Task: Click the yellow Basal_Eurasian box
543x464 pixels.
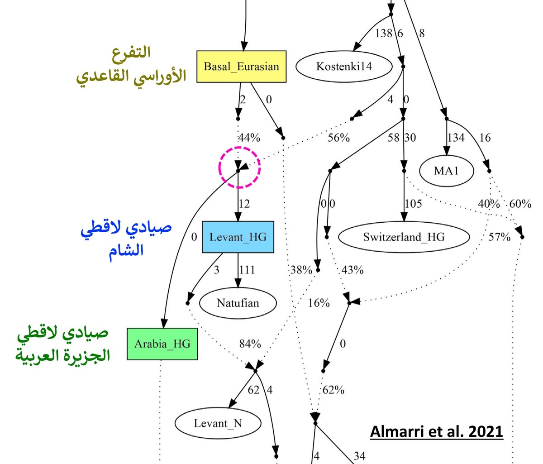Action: pyautogui.click(x=241, y=67)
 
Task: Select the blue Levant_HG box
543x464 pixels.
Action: pyautogui.click(x=238, y=237)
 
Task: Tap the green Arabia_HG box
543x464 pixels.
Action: pyautogui.click(x=162, y=344)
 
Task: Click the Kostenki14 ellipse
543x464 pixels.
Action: pyautogui.click(x=343, y=67)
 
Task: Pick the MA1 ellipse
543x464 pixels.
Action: pyautogui.click(x=446, y=171)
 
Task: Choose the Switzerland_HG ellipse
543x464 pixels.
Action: pyautogui.click(x=404, y=236)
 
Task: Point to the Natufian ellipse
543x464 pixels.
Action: pyautogui.click(x=238, y=302)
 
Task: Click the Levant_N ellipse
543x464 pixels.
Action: pyautogui.click(x=218, y=423)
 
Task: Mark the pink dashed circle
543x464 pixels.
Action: pyautogui.click(x=239, y=167)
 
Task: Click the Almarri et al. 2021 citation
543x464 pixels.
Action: pyautogui.click(x=436, y=431)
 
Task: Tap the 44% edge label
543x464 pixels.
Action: pyautogui.click(x=249, y=138)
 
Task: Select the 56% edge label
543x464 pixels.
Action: pyautogui.click(x=338, y=138)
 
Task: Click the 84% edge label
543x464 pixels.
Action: pyautogui.click(x=250, y=344)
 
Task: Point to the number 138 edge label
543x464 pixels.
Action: pyautogui.click(x=384, y=33)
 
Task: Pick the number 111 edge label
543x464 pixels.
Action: pyautogui.click(x=247, y=270)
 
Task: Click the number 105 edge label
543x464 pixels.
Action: pyautogui.click(x=413, y=204)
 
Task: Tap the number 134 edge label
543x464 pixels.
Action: pyautogui.click(x=456, y=138)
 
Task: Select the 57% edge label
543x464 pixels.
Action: pyautogui.click(x=499, y=237)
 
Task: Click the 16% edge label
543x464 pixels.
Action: pyautogui.click(x=319, y=303)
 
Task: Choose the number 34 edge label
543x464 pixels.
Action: pyautogui.click(x=359, y=455)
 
